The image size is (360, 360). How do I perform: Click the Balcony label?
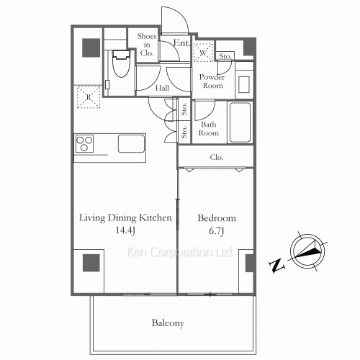(x=168, y=323)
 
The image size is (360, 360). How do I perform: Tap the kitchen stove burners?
(x=84, y=143)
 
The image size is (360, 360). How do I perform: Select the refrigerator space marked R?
(x=88, y=96)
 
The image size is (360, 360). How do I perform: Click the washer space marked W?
(x=204, y=53)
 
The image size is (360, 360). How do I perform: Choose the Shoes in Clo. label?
(x=147, y=45)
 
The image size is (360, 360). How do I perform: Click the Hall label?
(x=163, y=88)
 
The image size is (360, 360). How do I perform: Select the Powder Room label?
(x=211, y=81)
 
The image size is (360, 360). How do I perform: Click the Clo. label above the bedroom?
(x=216, y=157)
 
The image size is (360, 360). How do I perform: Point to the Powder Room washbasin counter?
(x=243, y=79)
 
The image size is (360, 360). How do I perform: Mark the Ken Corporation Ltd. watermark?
(x=179, y=253)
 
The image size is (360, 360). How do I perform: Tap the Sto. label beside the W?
(x=225, y=55)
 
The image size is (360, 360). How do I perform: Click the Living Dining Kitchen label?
(x=125, y=217)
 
